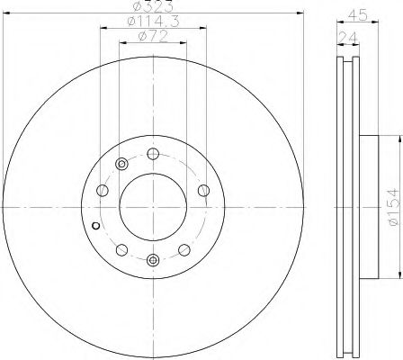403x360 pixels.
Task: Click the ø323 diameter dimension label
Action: [153, 6]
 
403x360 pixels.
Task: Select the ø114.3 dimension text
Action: [153, 22]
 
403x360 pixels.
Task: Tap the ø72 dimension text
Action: [153, 37]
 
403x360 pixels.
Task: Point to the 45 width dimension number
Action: [358, 15]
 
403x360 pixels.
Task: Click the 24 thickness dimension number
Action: [348, 38]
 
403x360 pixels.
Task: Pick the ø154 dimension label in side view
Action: [394, 207]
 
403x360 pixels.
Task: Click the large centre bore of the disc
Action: [153, 207]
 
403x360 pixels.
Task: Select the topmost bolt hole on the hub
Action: [153, 154]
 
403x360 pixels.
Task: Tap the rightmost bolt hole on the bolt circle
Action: [203, 190]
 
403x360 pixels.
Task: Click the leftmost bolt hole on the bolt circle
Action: [103, 190]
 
